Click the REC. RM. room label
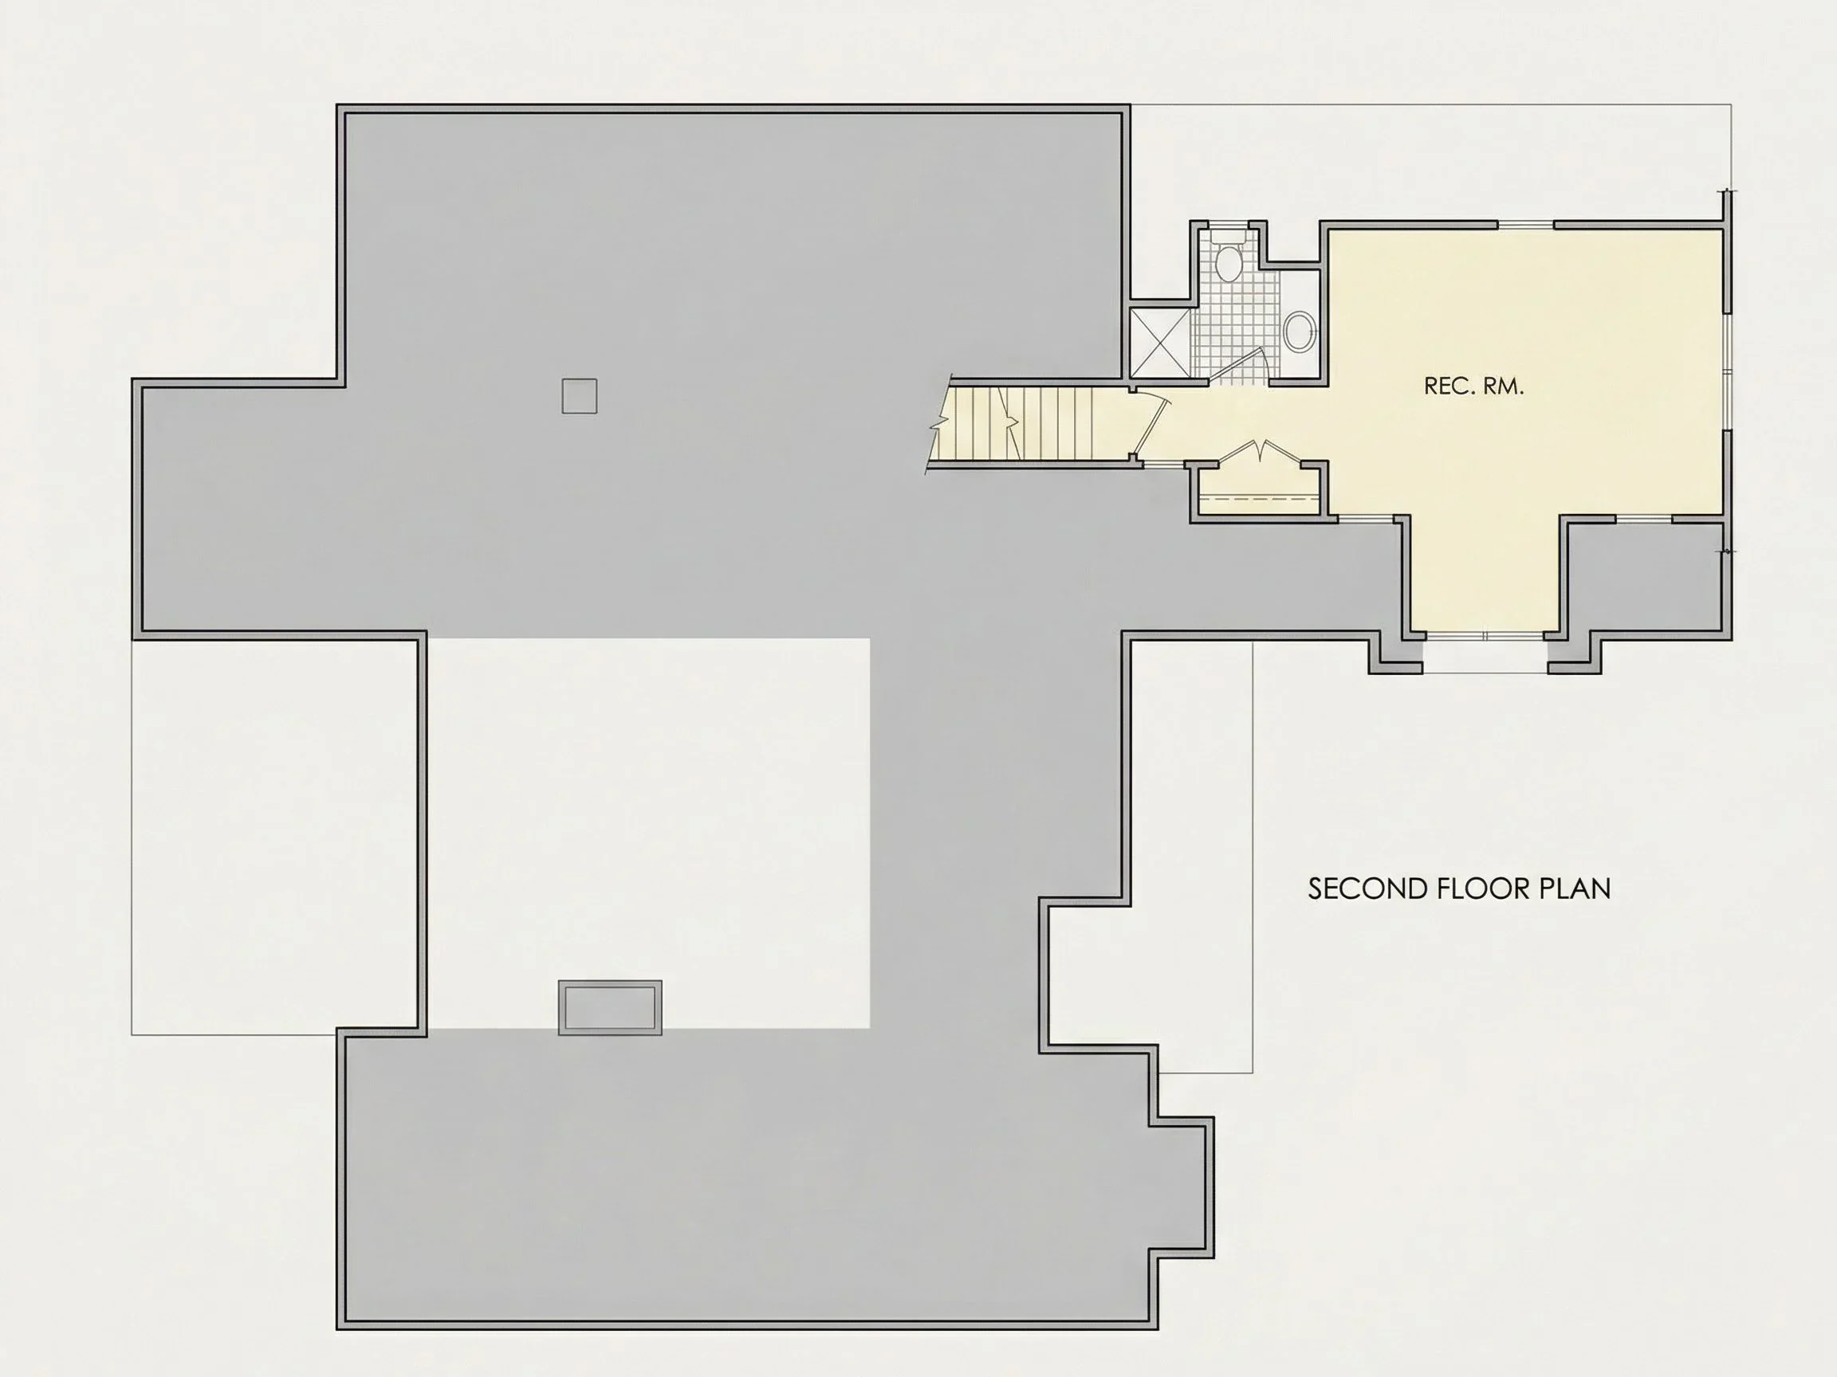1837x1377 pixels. point(1473,386)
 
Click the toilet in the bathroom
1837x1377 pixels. point(1227,257)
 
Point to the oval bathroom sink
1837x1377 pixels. point(1299,332)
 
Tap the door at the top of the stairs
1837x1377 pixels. point(1153,428)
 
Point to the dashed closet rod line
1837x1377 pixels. point(1259,499)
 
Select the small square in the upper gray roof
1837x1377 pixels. point(579,396)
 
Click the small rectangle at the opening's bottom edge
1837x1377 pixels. point(611,1007)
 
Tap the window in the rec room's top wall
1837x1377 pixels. point(1524,225)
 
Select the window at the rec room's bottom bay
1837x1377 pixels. point(1485,636)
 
